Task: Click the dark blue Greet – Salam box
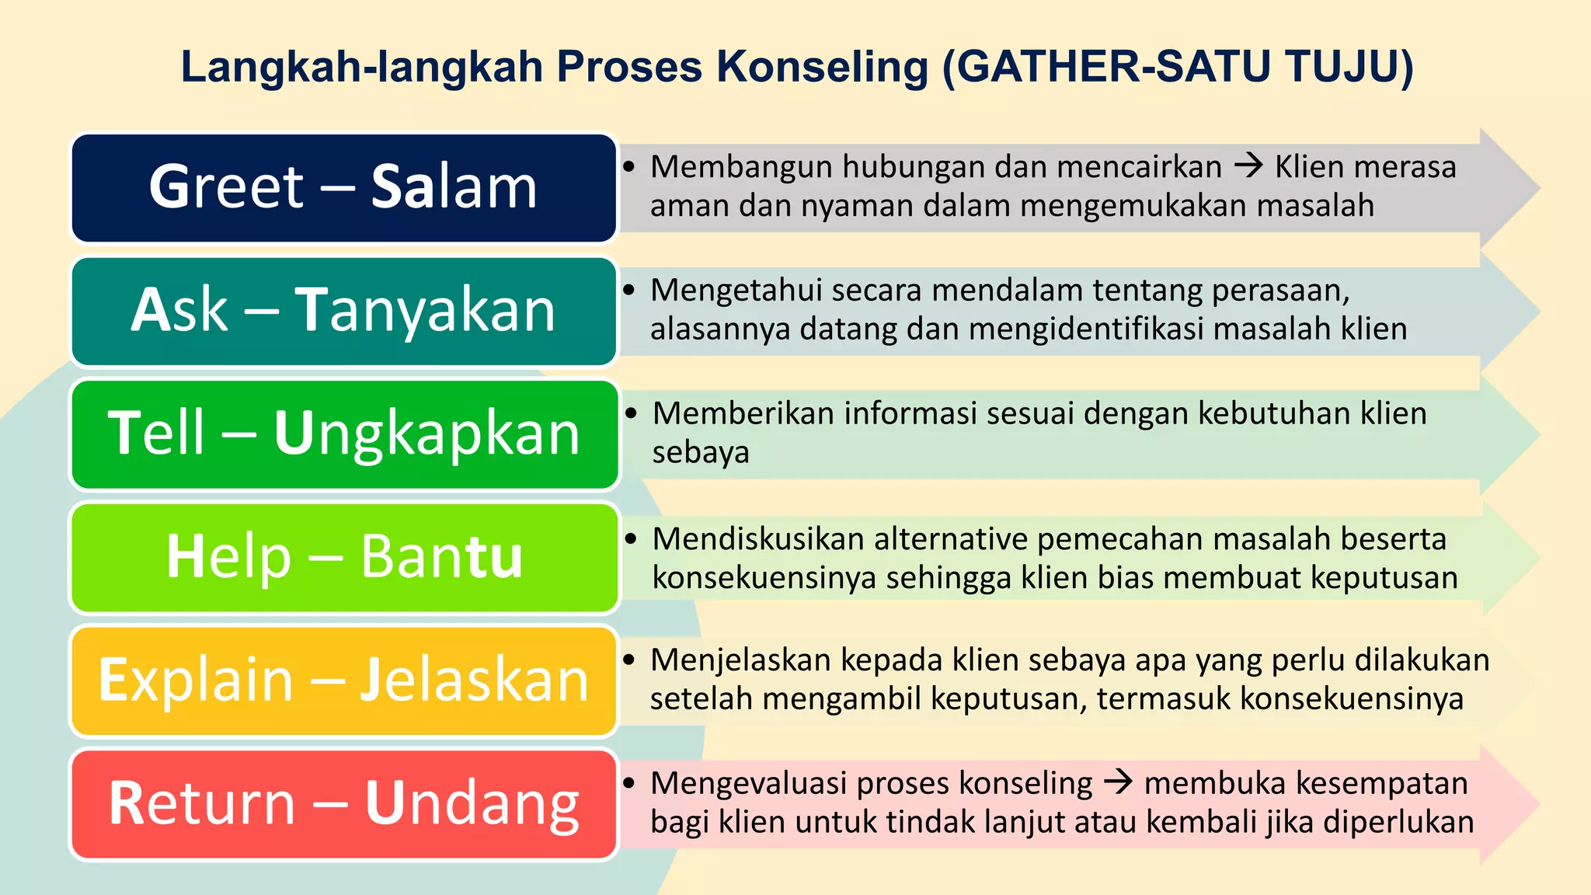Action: [x=343, y=187]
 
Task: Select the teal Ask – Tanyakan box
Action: [x=343, y=311]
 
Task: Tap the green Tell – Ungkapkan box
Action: [x=343, y=434]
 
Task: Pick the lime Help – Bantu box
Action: [x=343, y=557]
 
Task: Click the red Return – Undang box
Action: [x=343, y=803]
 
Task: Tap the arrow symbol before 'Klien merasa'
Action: [x=1248, y=166]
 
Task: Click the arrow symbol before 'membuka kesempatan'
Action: [x=1118, y=782]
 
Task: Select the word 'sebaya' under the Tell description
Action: [x=701, y=453]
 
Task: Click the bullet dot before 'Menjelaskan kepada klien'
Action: [x=629, y=660]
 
